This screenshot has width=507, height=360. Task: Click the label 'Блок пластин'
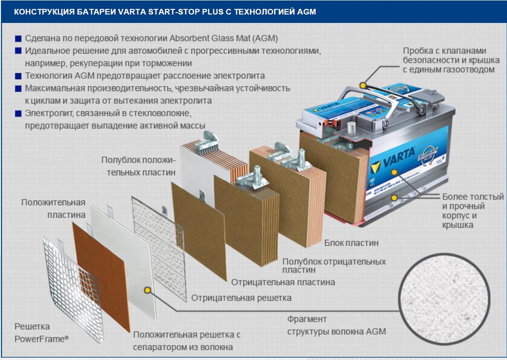point(351,243)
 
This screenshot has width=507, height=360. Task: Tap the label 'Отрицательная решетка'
point(241,298)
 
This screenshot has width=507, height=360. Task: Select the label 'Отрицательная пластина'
point(283,282)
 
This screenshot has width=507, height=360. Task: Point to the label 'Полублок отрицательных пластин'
point(334,265)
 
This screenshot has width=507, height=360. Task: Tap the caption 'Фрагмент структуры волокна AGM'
point(336,325)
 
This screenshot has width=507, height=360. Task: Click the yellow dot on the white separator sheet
point(147,290)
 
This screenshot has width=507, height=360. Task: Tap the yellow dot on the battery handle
point(363,85)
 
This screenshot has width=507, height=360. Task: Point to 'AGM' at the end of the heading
point(306,12)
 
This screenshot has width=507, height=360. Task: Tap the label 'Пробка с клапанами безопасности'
point(448,60)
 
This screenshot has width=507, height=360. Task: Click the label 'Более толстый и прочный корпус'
point(472,211)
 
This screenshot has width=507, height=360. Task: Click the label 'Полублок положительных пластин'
point(139,166)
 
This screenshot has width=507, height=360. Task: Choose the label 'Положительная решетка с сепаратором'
point(186,341)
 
